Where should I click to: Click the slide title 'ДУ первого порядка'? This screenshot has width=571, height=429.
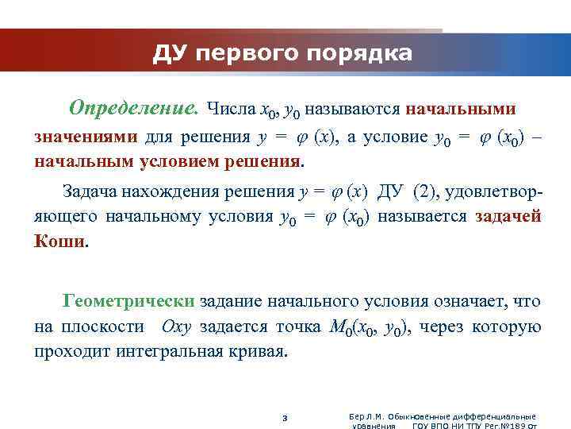[283, 53]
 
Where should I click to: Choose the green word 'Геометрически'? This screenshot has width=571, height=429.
[128, 302]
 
